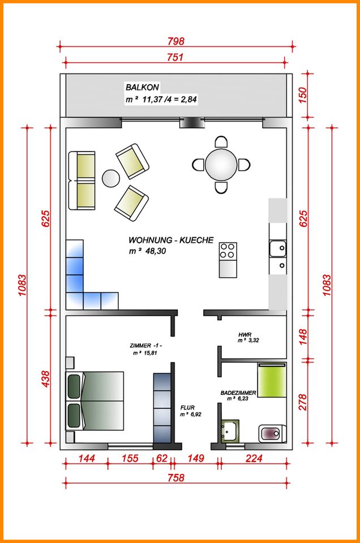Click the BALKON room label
point(142,88)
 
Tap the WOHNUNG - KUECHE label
point(171,240)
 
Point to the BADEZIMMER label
point(238,392)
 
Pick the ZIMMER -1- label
point(146,346)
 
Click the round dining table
point(221,165)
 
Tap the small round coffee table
point(110,179)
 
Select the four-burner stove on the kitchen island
point(228,251)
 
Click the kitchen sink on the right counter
point(277,248)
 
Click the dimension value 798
point(176,41)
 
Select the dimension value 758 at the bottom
point(176,477)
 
